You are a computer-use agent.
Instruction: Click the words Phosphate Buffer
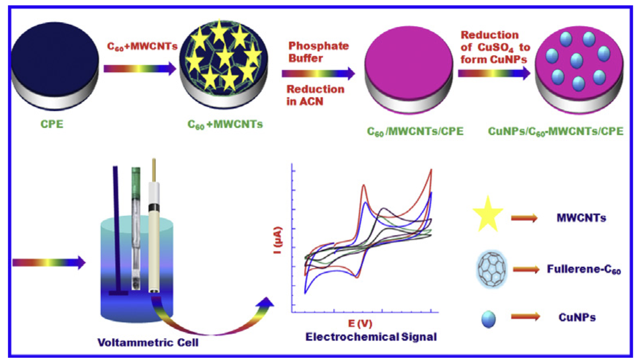(x=319, y=52)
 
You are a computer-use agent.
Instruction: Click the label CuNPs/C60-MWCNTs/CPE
(x=556, y=131)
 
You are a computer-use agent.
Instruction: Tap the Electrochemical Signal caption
(x=371, y=337)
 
